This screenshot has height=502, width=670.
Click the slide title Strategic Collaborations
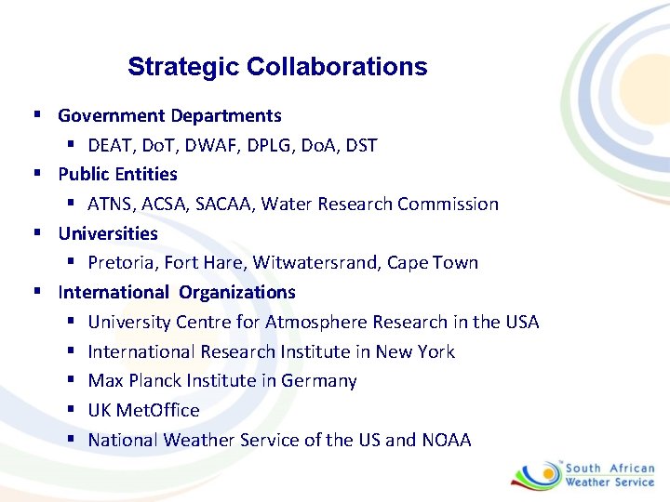(277, 67)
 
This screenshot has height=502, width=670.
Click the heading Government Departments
(169, 116)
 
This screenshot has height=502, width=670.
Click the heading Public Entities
(117, 174)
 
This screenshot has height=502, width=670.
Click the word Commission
(449, 204)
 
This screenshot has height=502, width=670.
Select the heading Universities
(108, 233)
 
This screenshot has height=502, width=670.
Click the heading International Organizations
(177, 292)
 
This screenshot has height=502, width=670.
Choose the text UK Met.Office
(143, 410)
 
